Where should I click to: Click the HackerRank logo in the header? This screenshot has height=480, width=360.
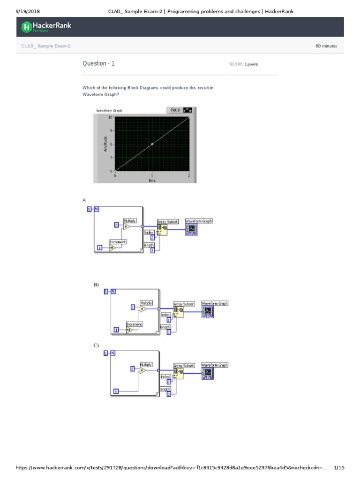46,27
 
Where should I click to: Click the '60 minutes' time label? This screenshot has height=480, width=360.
326,46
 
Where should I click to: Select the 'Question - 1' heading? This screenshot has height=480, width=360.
98,63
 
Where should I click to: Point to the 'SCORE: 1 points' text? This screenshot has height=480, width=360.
244,64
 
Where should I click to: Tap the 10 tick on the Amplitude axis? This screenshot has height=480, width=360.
110,117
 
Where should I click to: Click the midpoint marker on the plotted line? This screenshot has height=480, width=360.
152,144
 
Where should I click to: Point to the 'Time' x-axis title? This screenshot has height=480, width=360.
152,180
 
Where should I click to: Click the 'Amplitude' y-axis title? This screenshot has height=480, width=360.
105,144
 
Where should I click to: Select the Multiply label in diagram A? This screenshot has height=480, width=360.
129,220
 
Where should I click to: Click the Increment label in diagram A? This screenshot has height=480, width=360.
117,242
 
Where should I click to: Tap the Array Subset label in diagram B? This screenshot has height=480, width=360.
184,304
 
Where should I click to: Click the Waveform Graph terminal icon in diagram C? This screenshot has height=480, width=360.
208,373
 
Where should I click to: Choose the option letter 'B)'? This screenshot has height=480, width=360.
96,285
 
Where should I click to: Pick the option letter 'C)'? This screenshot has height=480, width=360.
96,345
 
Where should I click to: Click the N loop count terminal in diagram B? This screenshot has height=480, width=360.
113,292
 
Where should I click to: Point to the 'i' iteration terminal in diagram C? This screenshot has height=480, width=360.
116,391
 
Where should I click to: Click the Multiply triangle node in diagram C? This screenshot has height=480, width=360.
143,370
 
